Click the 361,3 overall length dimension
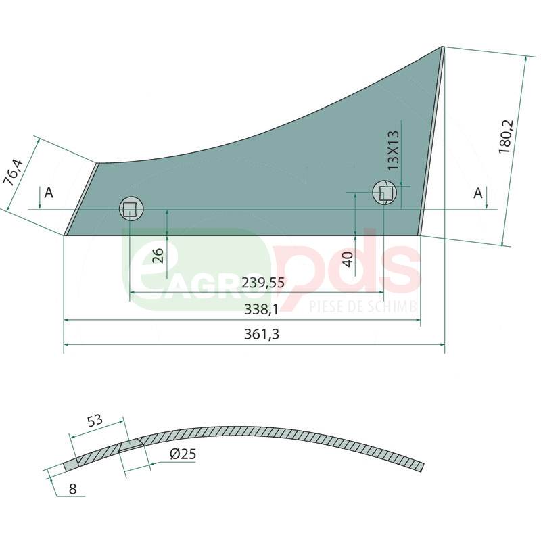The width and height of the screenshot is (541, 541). (x=262, y=334)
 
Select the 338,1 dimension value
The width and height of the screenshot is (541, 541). (x=261, y=309)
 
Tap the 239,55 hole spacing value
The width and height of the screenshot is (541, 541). (x=263, y=282)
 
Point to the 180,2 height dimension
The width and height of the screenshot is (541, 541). (x=506, y=137)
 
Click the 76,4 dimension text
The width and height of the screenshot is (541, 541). (x=13, y=172)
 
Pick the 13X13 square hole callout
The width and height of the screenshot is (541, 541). (x=393, y=150)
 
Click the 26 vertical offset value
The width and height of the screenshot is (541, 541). (x=158, y=256)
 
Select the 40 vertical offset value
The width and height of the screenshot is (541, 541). (x=348, y=259)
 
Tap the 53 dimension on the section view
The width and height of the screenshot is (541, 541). (x=95, y=420)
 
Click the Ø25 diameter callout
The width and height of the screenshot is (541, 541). (x=183, y=454)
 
